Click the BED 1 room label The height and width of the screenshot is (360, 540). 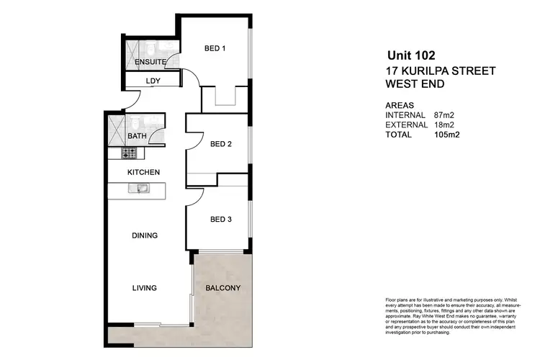215,49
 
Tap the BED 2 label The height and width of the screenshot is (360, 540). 220,144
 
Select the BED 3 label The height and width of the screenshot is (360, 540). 220,219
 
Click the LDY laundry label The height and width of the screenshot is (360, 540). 153,81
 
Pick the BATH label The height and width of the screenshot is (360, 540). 137,135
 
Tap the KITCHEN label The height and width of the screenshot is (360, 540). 143,172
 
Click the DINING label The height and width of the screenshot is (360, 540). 144,235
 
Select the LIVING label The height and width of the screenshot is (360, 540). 144,288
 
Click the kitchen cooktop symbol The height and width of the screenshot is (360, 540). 129,153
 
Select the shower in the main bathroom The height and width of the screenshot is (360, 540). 116,130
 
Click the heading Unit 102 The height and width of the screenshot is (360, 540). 411,55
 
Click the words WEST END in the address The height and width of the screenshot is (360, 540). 415,84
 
